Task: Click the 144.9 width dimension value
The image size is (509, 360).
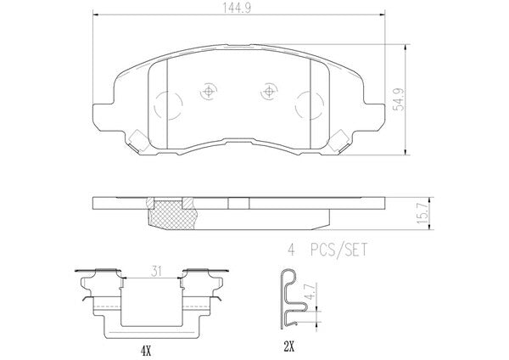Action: click(237, 8)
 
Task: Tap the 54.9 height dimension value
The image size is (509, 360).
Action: click(399, 99)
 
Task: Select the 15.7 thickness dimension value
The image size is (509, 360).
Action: click(423, 213)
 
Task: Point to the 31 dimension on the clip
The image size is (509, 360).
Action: click(156, 272)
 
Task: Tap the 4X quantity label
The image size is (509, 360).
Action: click(146, 350)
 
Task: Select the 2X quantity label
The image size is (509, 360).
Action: click(288, 347)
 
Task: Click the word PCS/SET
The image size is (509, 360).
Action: click(338, 250)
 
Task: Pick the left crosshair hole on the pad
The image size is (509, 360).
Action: click(208, 92)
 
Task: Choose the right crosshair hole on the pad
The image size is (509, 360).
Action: click(269, 92)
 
